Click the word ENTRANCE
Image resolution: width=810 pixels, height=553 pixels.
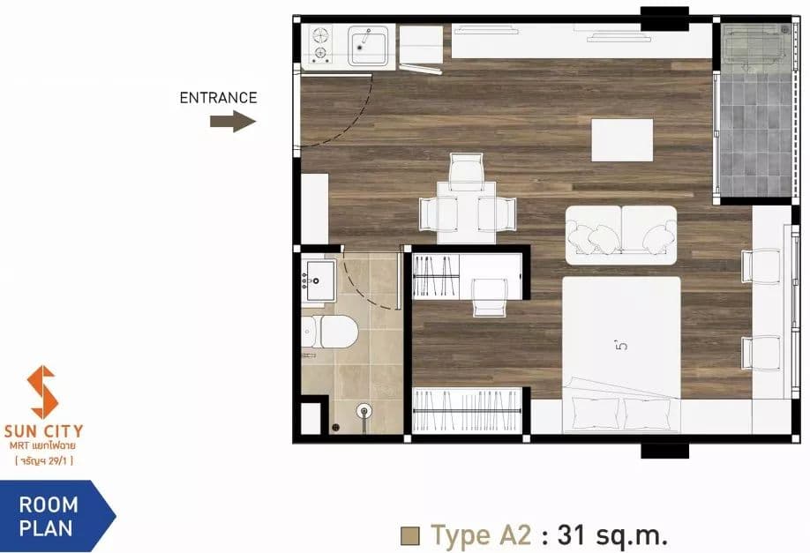coord(218,98)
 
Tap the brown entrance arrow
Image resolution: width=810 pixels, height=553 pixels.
coord(233,122)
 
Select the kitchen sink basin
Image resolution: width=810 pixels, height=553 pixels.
coord(368,46)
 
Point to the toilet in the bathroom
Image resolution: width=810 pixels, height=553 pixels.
coord(330,332)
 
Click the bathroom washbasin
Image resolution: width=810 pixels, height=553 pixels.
coord(319,280)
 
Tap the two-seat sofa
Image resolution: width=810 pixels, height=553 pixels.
coord(621,235)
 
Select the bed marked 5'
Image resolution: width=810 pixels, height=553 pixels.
coord(621,355)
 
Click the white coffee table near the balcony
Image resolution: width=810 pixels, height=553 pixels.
coord(622,140)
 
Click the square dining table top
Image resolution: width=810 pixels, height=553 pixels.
coord(467,213)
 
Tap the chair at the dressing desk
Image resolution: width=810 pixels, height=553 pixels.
coord(490,297)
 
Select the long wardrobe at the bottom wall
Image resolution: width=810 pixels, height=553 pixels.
coord(466,410)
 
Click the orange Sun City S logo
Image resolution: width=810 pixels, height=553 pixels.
coord(41,392)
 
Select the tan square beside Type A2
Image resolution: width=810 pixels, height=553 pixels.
coord(409,536)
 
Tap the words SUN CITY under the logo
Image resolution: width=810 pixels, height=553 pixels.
coord(43,430)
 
